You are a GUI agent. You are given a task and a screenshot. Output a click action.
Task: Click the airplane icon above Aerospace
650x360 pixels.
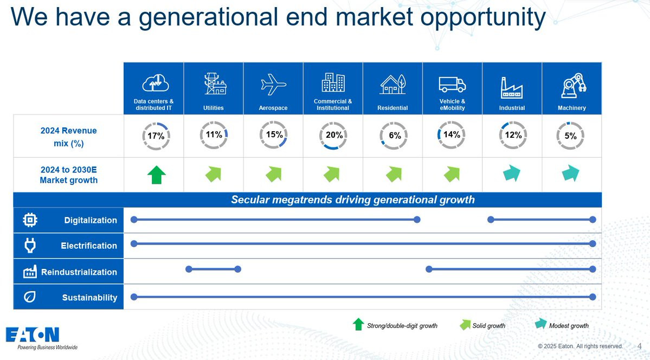273,85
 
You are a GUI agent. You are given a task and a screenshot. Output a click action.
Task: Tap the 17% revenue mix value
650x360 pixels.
156,136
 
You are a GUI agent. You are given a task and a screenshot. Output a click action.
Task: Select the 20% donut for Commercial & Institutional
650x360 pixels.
333,135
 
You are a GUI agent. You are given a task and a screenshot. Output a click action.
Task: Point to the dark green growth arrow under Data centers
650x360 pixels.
157,175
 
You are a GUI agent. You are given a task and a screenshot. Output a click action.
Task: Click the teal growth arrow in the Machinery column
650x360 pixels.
571,173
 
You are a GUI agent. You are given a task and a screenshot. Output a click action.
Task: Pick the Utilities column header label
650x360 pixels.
214,108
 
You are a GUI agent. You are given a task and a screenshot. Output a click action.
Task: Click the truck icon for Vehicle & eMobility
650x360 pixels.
452,85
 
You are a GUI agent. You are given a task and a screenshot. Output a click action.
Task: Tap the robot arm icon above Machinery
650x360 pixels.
574,86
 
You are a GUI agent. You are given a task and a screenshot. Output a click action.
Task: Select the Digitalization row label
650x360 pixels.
91,220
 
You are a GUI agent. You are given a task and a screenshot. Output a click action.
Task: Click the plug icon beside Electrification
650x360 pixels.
30,246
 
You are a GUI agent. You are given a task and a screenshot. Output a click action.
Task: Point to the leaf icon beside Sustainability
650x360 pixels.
29,297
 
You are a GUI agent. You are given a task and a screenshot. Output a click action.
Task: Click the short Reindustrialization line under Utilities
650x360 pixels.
213,269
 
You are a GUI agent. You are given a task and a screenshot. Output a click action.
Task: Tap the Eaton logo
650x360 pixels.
33,335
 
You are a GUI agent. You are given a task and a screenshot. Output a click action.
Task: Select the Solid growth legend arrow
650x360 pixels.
465,325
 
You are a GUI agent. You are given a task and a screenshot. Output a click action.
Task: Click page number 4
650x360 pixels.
639,346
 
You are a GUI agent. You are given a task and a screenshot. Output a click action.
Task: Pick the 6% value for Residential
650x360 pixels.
395,136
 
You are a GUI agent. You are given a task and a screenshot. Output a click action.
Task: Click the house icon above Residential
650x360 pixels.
392,84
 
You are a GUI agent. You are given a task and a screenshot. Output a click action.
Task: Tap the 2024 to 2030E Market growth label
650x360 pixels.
69,175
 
